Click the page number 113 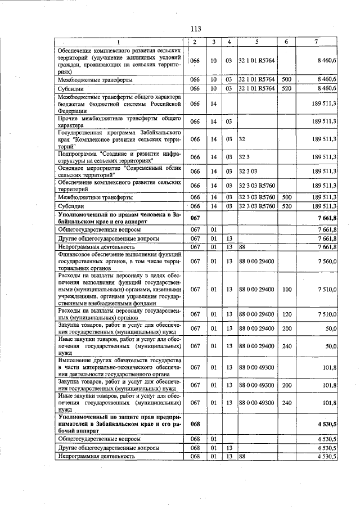coord(196,29)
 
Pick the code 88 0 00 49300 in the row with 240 coord(256,403)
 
